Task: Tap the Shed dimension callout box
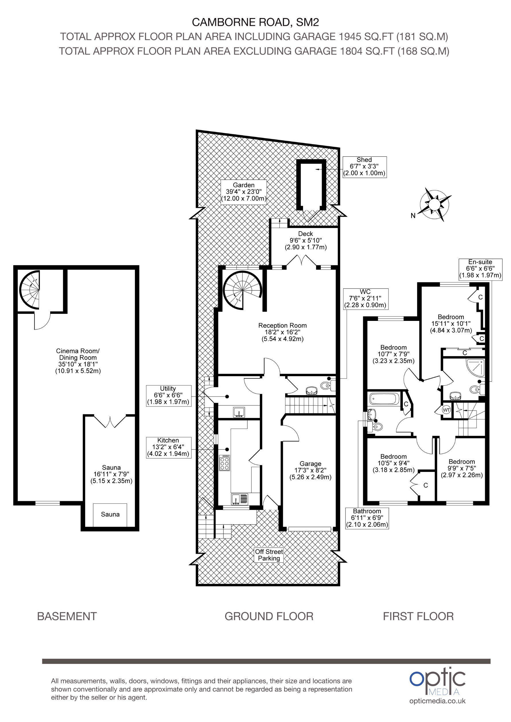click(x=364, y=167)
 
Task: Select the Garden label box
click(x=243, y=192)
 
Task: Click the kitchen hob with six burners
click(x=224, y=463)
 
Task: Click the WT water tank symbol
click(x=446, y=410)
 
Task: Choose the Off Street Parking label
click(x=269, y=555)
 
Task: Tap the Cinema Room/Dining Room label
click(x=78, y=361)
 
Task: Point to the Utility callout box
click(x=168, y=396)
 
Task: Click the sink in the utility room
click(x=239, y=412)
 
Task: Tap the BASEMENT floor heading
click(x=67, y=616)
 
